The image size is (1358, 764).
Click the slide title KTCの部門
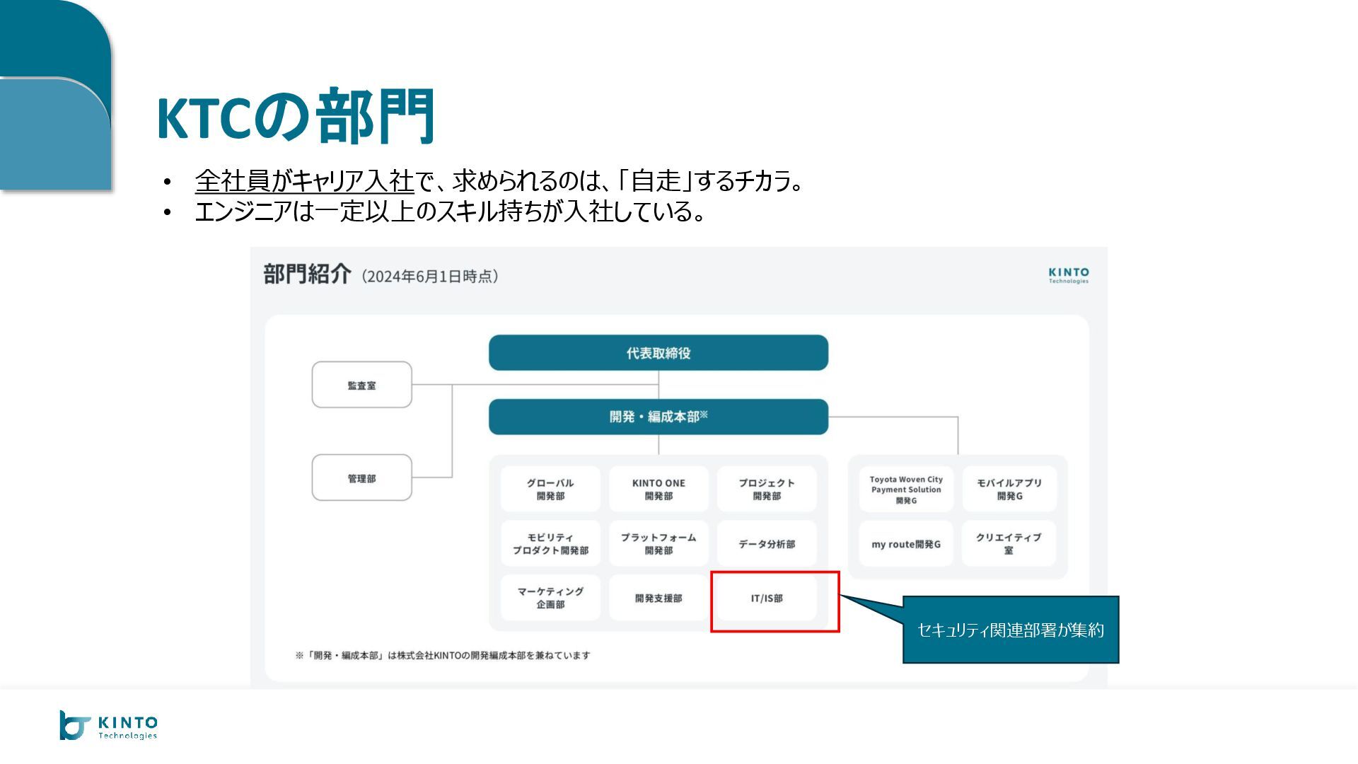coord(296,117)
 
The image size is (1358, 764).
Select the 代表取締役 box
coord(658,353)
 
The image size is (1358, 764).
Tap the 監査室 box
coord(361,385)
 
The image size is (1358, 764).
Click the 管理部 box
coord(361,478)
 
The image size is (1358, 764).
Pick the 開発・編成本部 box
coord(658,417)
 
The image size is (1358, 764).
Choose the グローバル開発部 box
coord(550,489)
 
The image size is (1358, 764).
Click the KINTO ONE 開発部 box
coord(658,489)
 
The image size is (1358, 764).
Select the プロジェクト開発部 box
coord(767,489)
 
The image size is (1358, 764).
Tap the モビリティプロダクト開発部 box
coord(550,543)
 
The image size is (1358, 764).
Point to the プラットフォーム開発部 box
coord(658,543)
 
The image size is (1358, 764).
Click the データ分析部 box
coord(767,543)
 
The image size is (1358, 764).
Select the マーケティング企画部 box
coord(550,598)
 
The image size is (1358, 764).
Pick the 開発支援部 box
coord(658,598)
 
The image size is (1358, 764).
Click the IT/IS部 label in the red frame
coord(767,598)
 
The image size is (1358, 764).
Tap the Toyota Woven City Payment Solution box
coord(906,489)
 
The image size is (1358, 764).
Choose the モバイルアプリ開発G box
coord(1009,489)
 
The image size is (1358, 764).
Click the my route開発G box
coord(906,544)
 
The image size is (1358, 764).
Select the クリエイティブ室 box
coord(1009,543)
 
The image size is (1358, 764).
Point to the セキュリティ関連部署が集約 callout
coord(1010,630)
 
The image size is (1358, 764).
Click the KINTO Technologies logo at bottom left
coord(109,726)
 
